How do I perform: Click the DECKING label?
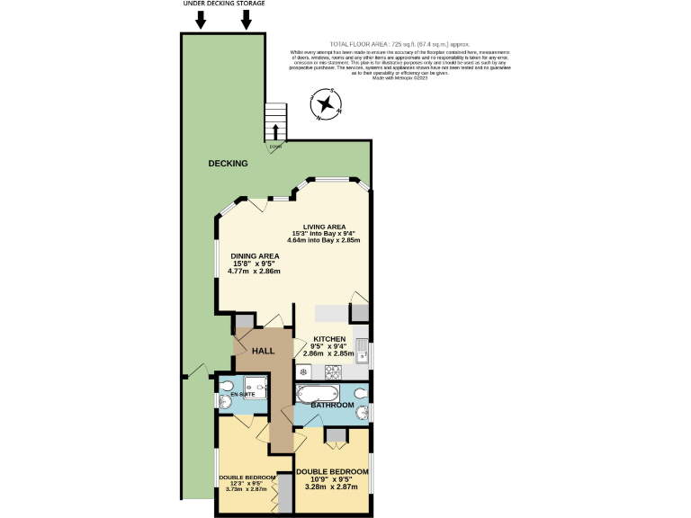[228, 164]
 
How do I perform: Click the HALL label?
[263, 351]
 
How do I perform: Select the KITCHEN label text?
[328, 339]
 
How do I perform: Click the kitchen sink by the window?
[361, 350]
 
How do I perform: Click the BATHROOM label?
[332, 406]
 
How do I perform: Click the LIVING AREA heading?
[324, 227]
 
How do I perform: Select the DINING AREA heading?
[255, 256]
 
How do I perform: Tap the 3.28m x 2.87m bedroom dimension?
[332, 487]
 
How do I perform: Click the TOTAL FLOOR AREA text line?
[400, 43]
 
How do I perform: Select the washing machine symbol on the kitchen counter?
[304, 371]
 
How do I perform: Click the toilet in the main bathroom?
[360, 393]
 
